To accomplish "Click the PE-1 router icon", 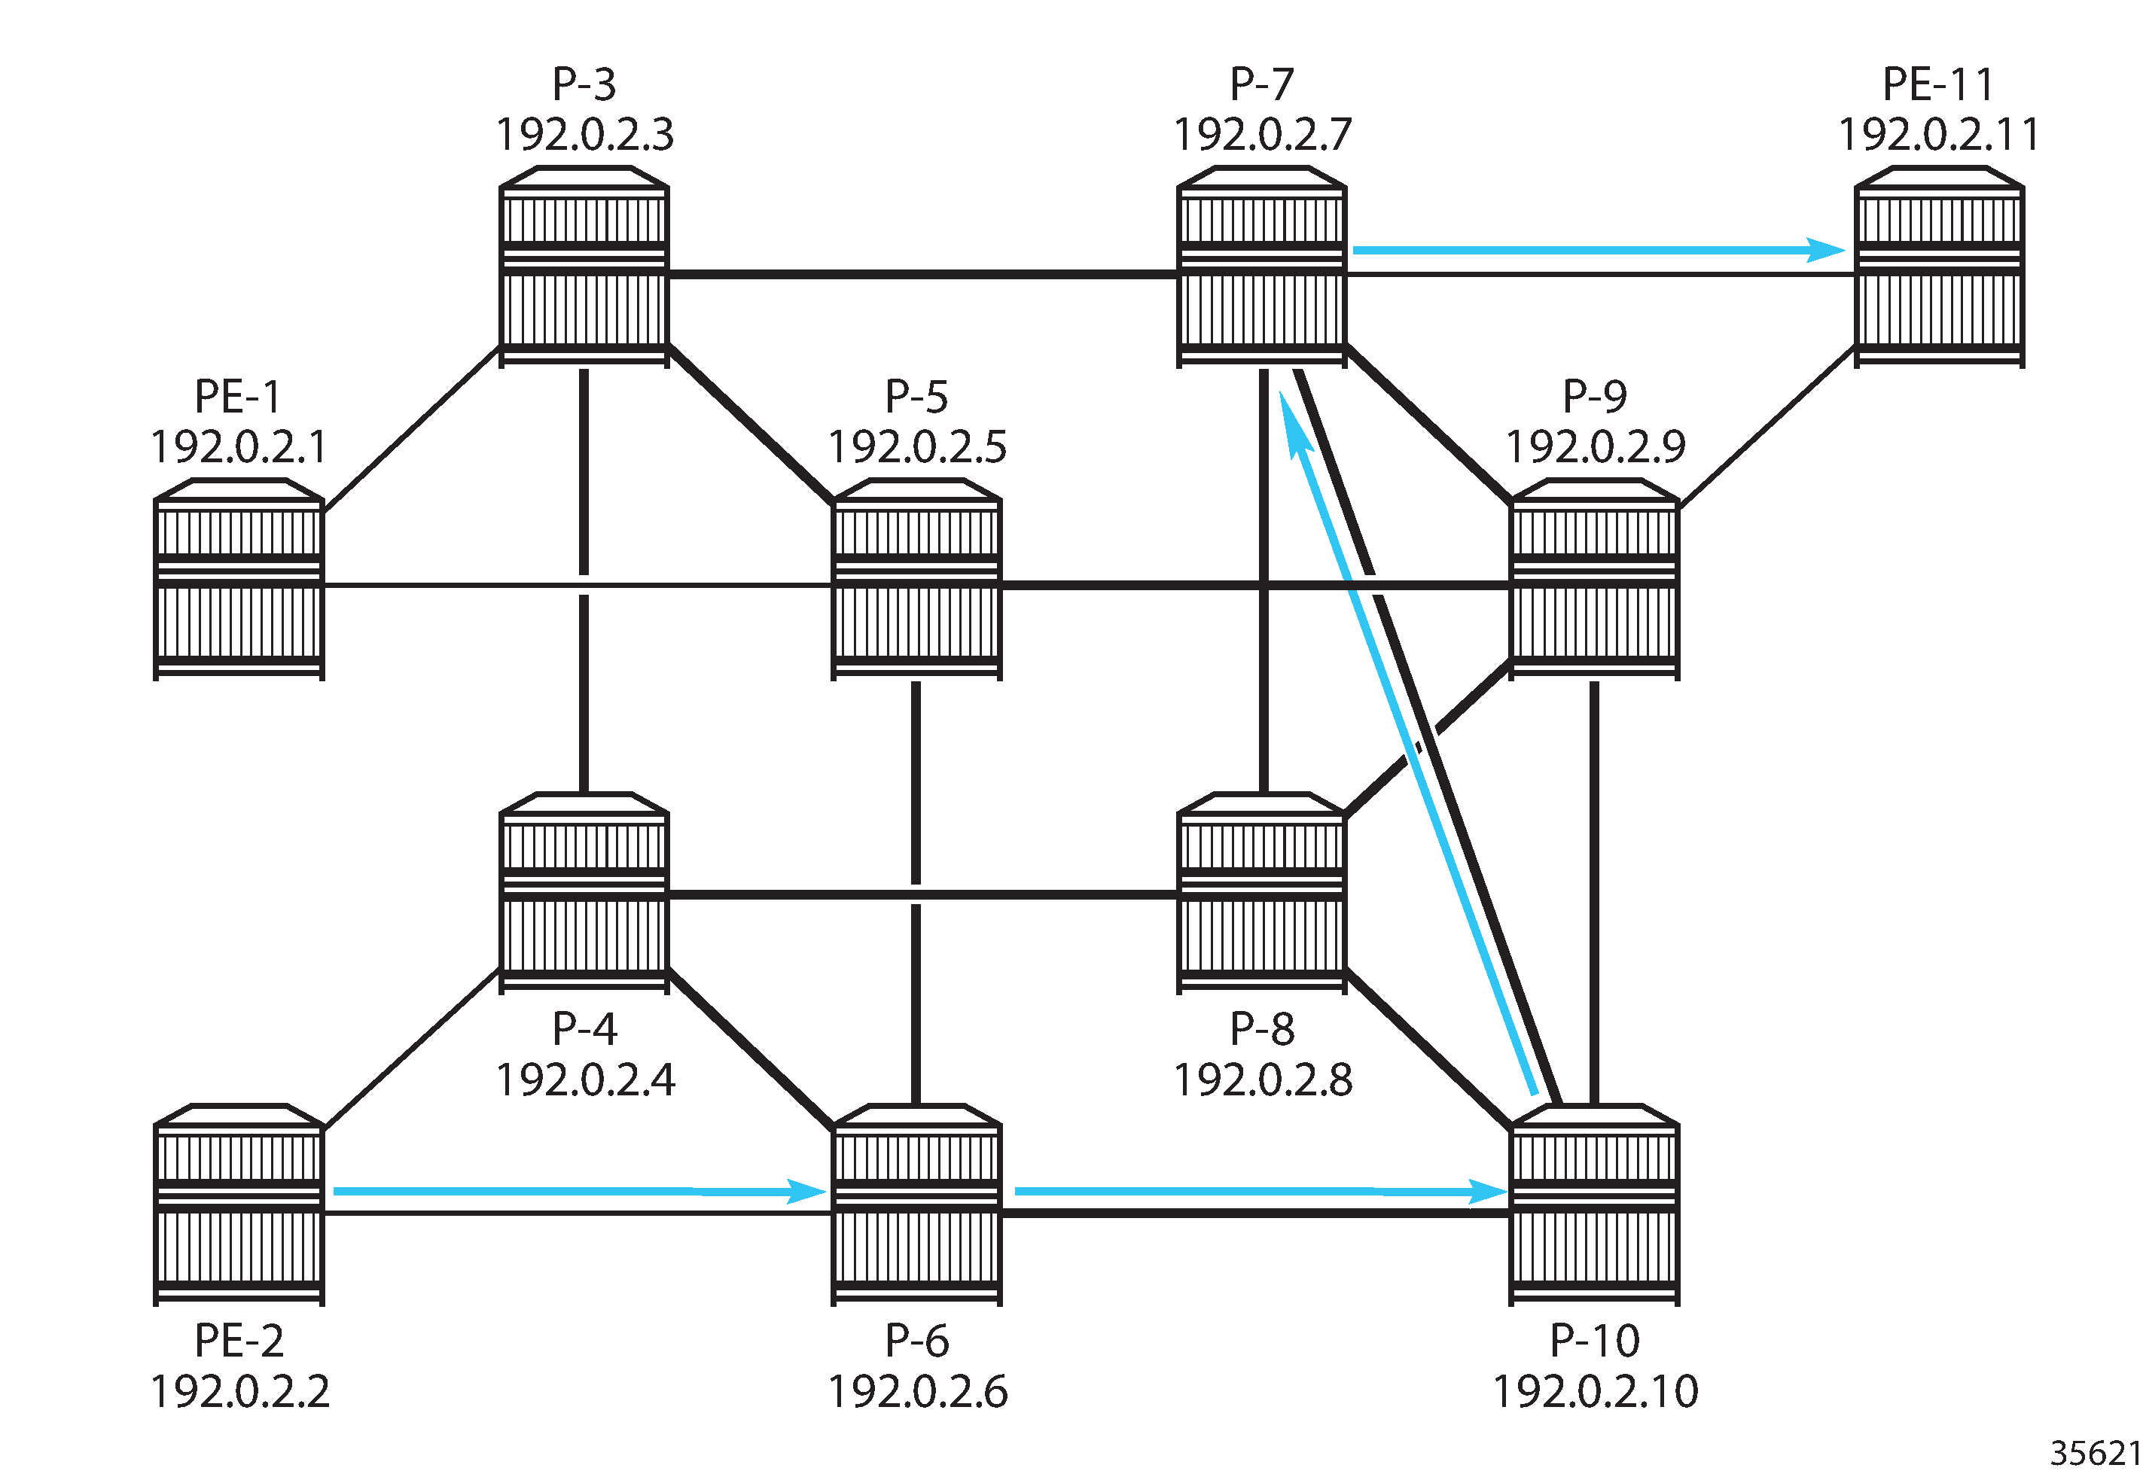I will coord(239,580).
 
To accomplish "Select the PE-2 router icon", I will coord(239,1205).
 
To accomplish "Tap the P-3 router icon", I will coord(584,267).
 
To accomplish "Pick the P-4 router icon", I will coord(584,893).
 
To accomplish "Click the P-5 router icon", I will coord(916,580).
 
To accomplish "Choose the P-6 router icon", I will coord(916,1205).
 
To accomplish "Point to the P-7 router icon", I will coord(1262,267).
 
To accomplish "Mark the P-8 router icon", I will coord(1262,893).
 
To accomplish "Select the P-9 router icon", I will coord(1595,580).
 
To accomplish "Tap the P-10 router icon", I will coord(1595,1205).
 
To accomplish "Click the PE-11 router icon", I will coord(1940,267).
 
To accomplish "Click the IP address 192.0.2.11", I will coord(1940,135).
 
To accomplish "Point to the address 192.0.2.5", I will coord(917,447).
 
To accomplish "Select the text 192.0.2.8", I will coord(1263,1080).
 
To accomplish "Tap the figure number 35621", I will coord(2096,1453).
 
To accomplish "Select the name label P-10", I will coord(1595,1340).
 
